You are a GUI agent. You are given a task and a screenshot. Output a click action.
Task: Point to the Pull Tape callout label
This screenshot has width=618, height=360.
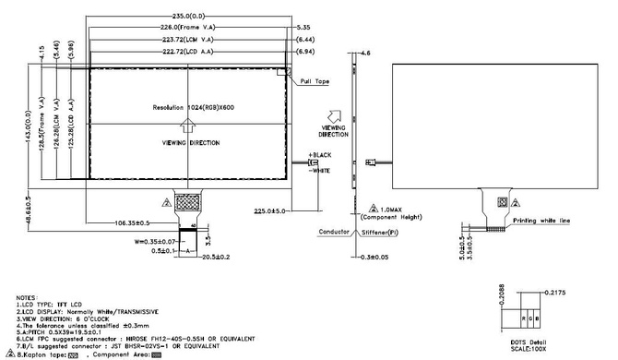pos(314,82)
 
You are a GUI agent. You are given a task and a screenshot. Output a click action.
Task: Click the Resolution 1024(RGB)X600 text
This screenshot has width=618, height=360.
pos(194,108)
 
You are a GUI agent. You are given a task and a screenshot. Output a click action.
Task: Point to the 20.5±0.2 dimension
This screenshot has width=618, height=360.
pos(216,258)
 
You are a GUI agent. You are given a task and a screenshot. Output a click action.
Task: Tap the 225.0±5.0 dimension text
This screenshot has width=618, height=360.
pos(268,210)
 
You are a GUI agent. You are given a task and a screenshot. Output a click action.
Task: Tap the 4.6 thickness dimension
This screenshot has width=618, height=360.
pos(365,56)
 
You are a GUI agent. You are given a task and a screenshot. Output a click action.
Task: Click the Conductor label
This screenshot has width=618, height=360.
pos(334,232)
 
